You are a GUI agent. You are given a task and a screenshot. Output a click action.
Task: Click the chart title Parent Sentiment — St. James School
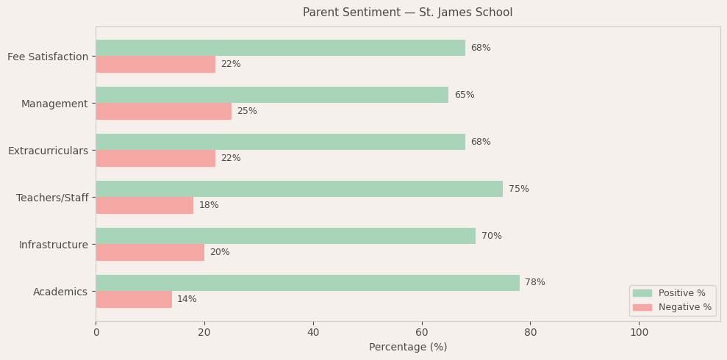pos(407,12)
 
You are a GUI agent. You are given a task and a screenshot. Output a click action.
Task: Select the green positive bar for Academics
pos(307,283)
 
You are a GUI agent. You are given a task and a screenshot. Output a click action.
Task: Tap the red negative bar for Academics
pos(134,299)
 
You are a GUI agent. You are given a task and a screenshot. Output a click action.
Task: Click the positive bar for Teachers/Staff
pos(299,189)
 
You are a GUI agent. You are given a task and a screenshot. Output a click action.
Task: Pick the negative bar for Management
pos(163,111)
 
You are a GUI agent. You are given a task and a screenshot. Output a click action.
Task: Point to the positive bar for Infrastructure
pos(285,236)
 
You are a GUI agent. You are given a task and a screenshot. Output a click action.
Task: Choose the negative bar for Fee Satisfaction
pos(155,64)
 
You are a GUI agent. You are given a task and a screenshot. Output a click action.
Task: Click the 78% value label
pos(535,283)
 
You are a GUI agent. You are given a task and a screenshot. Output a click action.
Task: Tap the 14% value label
pos(187,299)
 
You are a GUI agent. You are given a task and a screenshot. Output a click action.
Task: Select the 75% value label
pos(518,189)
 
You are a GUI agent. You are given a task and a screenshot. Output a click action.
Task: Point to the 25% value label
pos(247,111)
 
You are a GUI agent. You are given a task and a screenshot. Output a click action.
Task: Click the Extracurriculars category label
pos(48,151)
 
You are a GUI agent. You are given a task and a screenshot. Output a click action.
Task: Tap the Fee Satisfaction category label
pos(48,57)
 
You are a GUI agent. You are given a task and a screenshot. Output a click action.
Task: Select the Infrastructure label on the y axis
pos(53,245)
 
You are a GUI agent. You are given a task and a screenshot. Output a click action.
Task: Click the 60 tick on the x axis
pos(422,332)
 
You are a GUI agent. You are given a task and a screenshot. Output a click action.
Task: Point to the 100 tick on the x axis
pos(640,332)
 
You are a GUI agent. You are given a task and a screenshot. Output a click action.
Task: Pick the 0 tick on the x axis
pos(96,332)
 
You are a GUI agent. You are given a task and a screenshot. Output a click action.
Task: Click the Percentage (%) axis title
pos(407,347)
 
